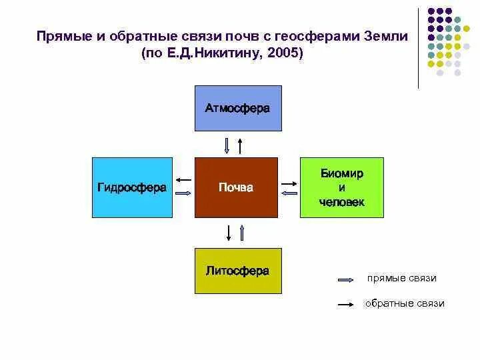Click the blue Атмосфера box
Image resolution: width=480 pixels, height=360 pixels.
click(238, 108)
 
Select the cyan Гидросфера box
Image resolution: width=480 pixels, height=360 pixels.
click(131, 187)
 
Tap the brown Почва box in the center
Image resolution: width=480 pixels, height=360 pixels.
click(236, 187)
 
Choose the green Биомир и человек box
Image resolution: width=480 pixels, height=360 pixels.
click(341, 187)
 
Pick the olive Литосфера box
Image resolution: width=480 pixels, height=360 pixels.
click(238, 271)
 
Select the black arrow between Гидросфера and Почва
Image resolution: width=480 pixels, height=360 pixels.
click(185, 179)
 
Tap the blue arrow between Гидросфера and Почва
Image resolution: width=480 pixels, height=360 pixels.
click(183, 193)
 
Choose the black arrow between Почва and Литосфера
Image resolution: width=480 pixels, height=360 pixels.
click(229, 232)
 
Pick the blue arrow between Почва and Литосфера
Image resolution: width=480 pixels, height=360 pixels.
click(242, 232)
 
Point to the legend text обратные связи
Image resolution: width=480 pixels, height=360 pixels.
click(405, 303)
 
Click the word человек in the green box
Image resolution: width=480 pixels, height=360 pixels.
click(341, 202)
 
